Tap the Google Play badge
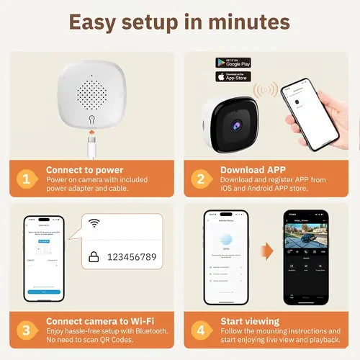233,63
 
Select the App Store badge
233,76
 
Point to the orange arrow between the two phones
267,251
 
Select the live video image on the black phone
307,238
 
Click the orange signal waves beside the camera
266,91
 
